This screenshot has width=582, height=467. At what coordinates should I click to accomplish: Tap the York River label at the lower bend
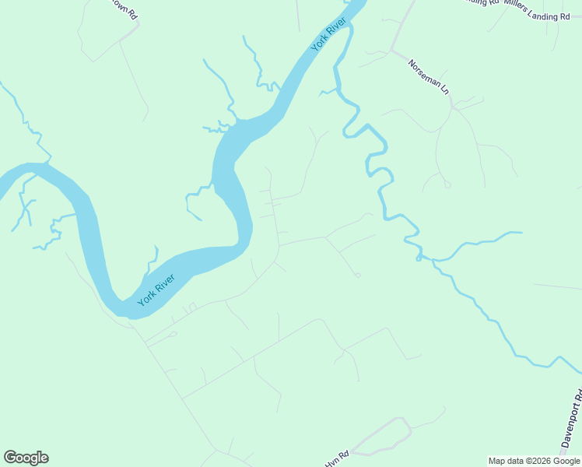[156, 290]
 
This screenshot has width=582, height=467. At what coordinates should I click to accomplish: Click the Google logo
[26, 458]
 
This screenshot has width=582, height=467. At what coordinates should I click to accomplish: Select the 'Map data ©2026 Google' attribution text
[534, 461]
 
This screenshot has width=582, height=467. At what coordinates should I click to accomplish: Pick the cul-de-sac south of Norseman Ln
[447, 185]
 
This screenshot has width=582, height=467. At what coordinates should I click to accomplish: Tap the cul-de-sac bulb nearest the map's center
[357, 275]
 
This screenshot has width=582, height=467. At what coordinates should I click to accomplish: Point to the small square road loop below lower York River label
[191, 307]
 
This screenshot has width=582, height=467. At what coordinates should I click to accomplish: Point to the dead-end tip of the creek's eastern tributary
[520, 232]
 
